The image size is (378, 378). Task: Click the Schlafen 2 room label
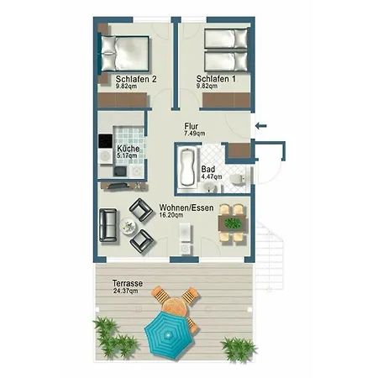tap(136, 79)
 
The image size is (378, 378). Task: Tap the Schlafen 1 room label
tap(216, 79)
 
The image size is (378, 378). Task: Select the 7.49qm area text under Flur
tap(194, 134)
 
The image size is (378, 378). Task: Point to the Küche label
tap(129, 149)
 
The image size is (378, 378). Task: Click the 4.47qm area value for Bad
tap(212, 176)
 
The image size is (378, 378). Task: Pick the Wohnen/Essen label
tap(186, 207)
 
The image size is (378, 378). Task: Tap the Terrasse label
tap(128, 283)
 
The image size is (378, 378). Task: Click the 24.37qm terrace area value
tap(125, 291)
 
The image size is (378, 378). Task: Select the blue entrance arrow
tap(261, 126)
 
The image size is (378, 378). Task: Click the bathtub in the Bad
tap(187, 167)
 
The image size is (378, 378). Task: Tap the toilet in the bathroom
tap(237, 179)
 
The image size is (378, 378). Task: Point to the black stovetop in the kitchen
tap(105, 141)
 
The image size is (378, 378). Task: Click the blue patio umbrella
tap(168, 334)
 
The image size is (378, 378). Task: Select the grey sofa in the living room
tap(108, 225)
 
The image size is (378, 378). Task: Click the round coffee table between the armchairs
tap(129, 226)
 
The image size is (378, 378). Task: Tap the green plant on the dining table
tap(233, 223)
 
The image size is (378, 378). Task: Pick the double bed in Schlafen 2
tap(124, 53)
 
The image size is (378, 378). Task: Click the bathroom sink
tap(209, 187)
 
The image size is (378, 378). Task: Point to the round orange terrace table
tap(176, 307)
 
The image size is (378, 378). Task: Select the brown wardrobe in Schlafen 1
tap(226, 100)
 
